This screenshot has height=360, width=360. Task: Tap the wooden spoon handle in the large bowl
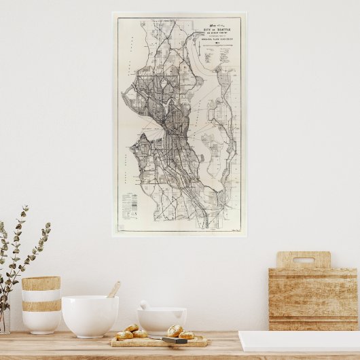pyautogui.click(x=114, y=289)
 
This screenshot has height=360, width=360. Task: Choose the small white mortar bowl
pyautogui.click(x=162, y=320)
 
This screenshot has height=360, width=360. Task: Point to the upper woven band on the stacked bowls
pyautogui.click(x=41, y=283)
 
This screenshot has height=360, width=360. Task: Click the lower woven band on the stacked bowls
pyautogui.click(x=41, y=306)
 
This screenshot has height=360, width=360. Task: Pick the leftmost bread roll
pyautogui.click(x=124, y=335)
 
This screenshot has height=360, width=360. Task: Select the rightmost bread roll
pyautogui.click(x=187, y=335)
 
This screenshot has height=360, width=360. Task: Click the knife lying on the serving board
pyautogui.click(x=174, y=340)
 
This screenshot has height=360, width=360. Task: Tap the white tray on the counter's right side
pyautogui.click(x=299, y=340)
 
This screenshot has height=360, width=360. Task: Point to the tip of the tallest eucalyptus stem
pyautogui.click(x=26, y=208)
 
